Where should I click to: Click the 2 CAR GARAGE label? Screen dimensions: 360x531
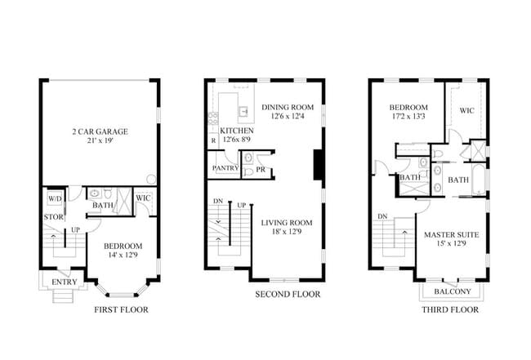click(x=100, y=131)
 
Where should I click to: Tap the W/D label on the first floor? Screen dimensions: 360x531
click(x=56, y=198)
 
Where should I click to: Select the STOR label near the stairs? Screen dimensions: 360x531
click(x=54, y=216)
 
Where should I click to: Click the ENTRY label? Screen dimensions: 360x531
click(x=64, y=282)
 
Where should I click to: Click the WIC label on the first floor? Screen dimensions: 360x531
click(x=144, y=198)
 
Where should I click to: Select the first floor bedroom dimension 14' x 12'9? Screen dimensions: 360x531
click(x=123, y=256)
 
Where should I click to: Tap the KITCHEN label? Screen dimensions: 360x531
click(x=237, y=131)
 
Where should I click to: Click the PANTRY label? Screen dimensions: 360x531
click(x=224, y=169)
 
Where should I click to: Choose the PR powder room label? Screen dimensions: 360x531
click(x=260, y=170)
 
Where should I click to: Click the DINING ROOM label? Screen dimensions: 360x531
click(x=288, y=107)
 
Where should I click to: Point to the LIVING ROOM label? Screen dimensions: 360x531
click(x=287, y=222)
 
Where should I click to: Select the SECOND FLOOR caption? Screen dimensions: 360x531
click(x=288, y=294)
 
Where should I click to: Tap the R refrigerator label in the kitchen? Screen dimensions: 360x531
click(x=213, y=141)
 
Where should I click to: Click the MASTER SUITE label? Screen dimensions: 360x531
click(x=451, y=235)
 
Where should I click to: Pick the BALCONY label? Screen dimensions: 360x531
click(x=451, y=291)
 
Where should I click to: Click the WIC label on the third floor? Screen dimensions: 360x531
click(x=466, y=110)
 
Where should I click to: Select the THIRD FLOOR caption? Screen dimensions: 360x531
click(x=450, y=310)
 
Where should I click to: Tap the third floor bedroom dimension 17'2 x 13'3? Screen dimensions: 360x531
click(x=408, y=118)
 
